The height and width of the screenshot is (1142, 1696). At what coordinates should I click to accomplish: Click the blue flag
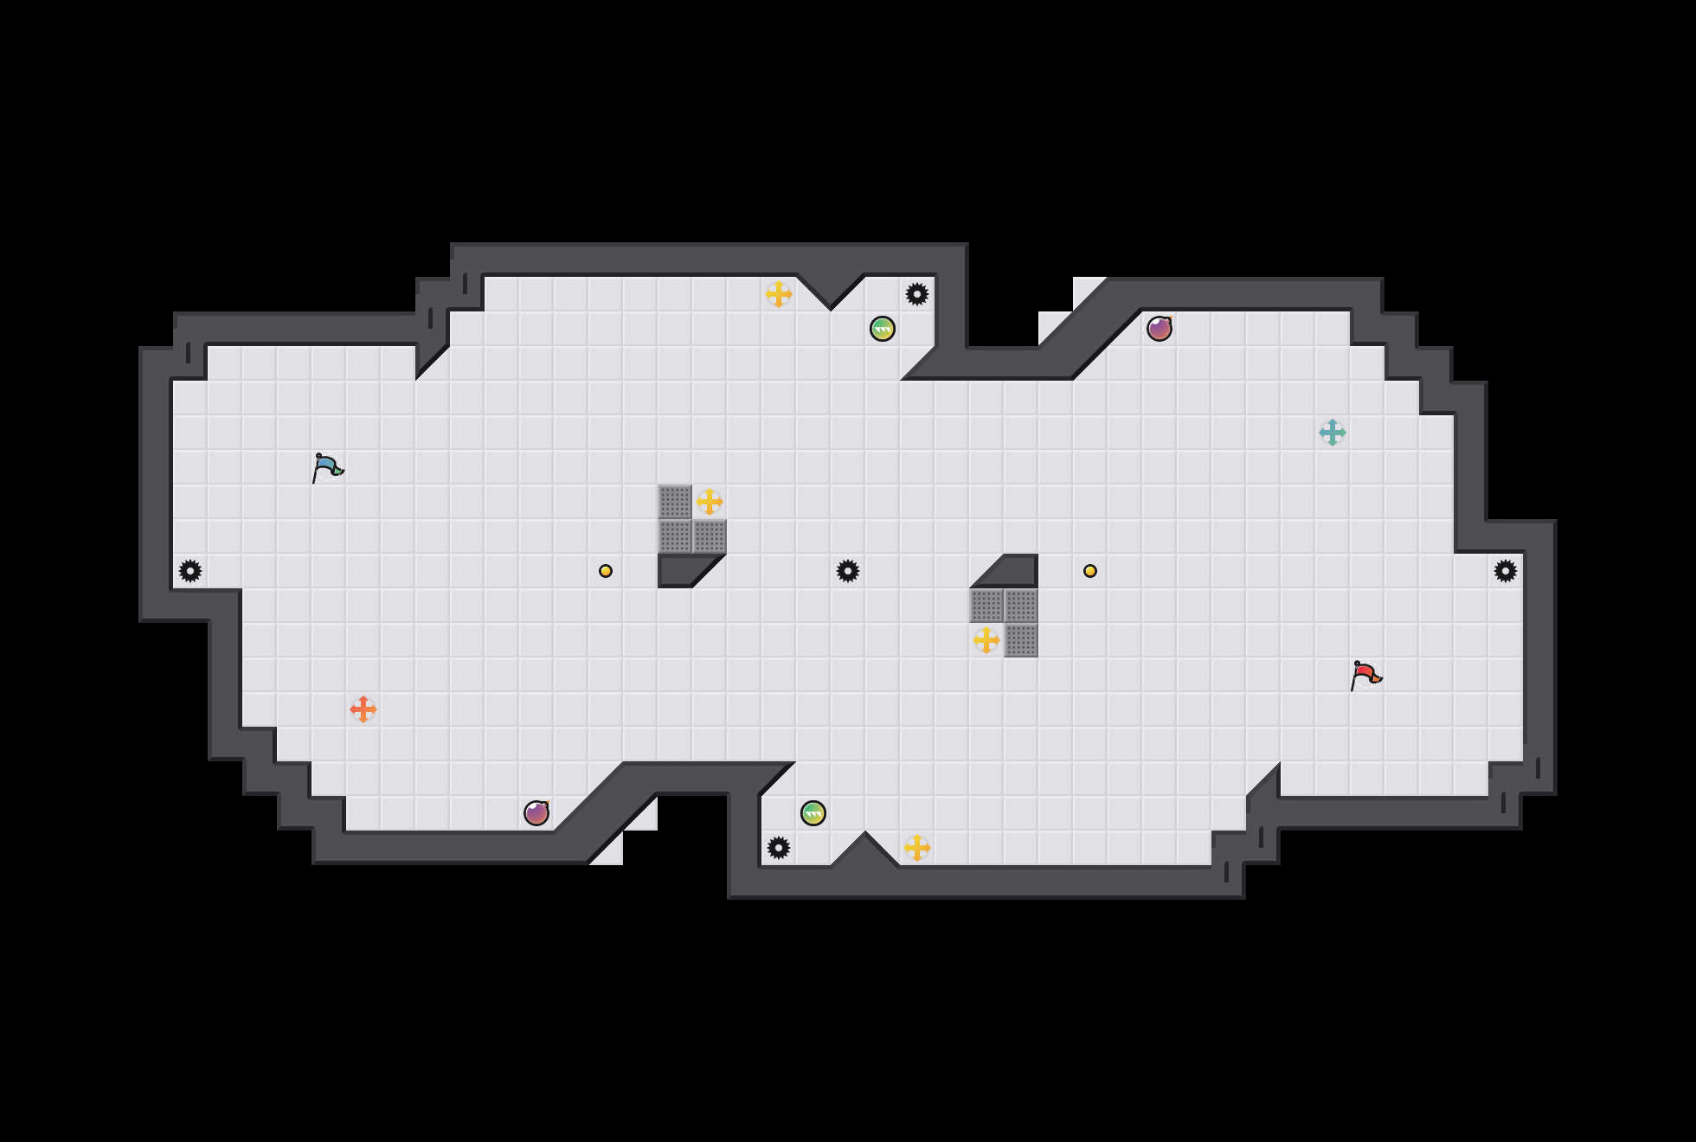327,467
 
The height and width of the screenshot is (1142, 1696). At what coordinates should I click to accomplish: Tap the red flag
1365,675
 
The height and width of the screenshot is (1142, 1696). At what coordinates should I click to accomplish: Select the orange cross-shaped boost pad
363,709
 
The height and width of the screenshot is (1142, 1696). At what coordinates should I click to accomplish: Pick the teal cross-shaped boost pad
1333,433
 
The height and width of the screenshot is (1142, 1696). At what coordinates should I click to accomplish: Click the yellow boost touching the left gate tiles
710,502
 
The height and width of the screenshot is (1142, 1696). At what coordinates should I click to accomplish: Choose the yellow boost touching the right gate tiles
986,640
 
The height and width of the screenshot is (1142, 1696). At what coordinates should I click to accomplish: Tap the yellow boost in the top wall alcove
779,294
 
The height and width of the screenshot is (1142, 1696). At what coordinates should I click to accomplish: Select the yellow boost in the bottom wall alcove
917,848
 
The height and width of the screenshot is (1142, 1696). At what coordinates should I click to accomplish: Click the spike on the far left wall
190,571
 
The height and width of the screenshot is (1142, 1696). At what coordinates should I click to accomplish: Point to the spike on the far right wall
1506,571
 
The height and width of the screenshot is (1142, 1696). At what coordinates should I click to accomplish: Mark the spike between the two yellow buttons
848,571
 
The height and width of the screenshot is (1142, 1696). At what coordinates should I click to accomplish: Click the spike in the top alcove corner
917,294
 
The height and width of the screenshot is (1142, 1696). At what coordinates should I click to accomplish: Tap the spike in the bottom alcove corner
779,848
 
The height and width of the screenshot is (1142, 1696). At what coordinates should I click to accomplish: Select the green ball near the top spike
883,329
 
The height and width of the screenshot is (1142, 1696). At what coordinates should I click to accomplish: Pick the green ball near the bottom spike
813,813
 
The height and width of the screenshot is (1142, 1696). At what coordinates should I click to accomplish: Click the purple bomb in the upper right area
1160,329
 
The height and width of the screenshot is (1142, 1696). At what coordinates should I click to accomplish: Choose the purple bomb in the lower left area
536,813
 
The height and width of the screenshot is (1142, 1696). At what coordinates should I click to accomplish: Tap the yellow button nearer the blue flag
606,571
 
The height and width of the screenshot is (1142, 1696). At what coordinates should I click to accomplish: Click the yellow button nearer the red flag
1090,571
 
